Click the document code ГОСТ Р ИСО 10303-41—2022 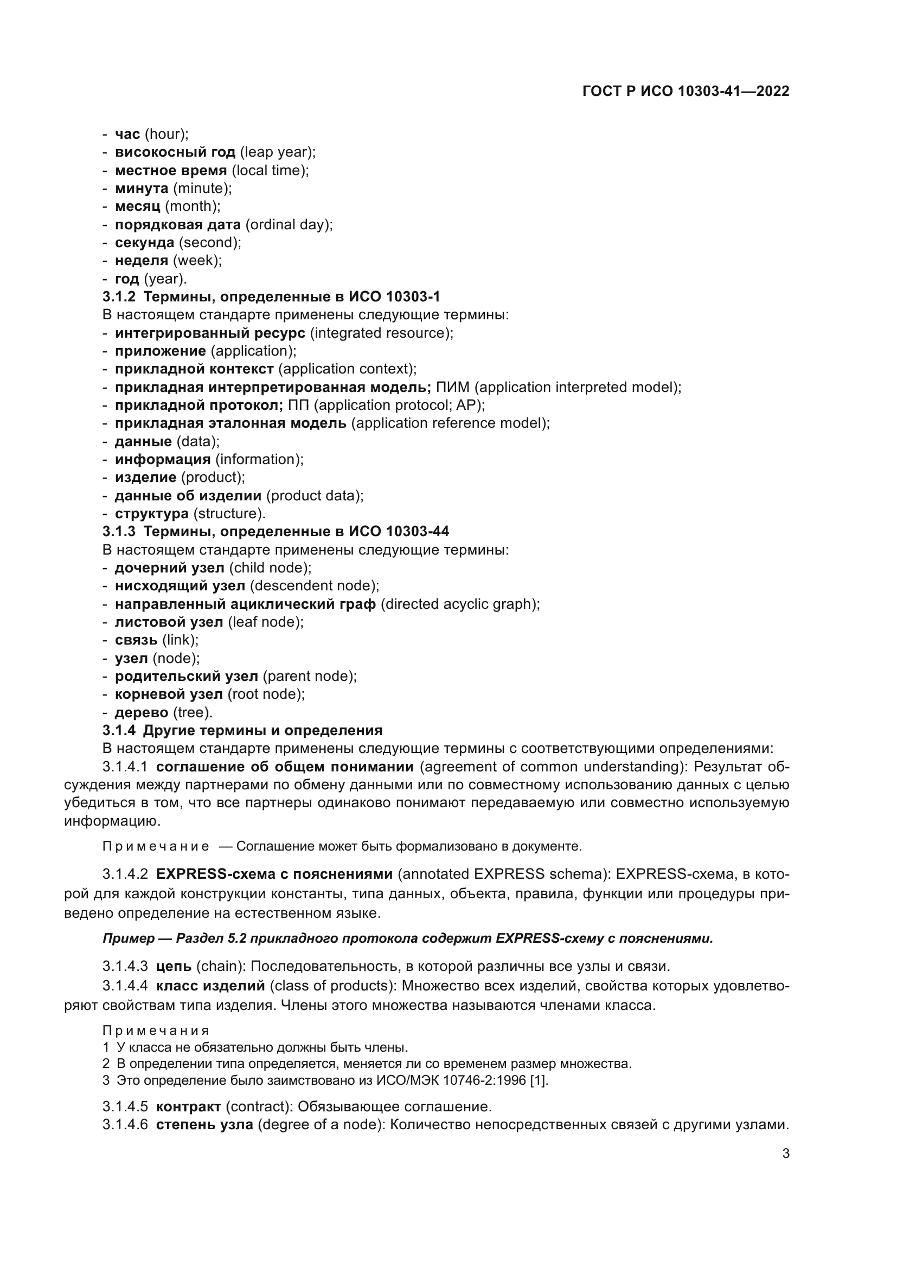(685, 91)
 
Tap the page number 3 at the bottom (785, 1154)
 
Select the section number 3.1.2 (119, 297)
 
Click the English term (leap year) (278, 152)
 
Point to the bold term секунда (144, 242)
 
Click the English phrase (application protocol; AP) (399, 405)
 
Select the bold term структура (151, 513)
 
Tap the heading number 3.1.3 (119, 531)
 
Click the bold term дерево (142, 712)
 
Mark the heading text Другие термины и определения (263, 731)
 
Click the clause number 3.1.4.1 (125, 767)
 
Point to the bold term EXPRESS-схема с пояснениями (274, 874)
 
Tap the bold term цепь (174, 967)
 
